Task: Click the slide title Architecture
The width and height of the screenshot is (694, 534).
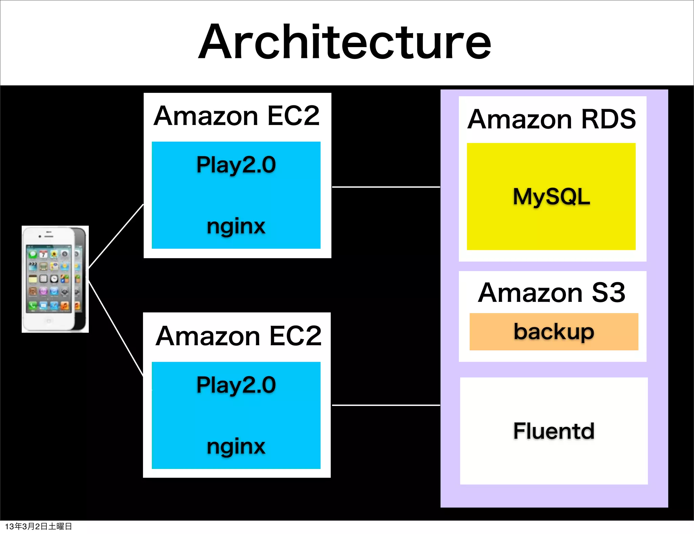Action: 345,42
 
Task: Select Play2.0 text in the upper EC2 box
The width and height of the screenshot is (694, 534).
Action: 236,165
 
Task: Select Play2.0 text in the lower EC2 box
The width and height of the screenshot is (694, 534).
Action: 236,385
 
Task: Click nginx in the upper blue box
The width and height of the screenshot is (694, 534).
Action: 236,226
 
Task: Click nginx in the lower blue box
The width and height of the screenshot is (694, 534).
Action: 236,446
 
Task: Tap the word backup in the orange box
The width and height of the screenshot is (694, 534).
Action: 554,331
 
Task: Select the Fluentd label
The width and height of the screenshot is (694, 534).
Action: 554,431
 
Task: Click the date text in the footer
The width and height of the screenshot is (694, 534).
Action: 38,526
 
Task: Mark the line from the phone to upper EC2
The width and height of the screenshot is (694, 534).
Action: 116,237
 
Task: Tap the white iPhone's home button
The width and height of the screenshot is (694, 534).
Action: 48,321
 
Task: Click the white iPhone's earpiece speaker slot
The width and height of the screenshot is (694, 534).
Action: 49,232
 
